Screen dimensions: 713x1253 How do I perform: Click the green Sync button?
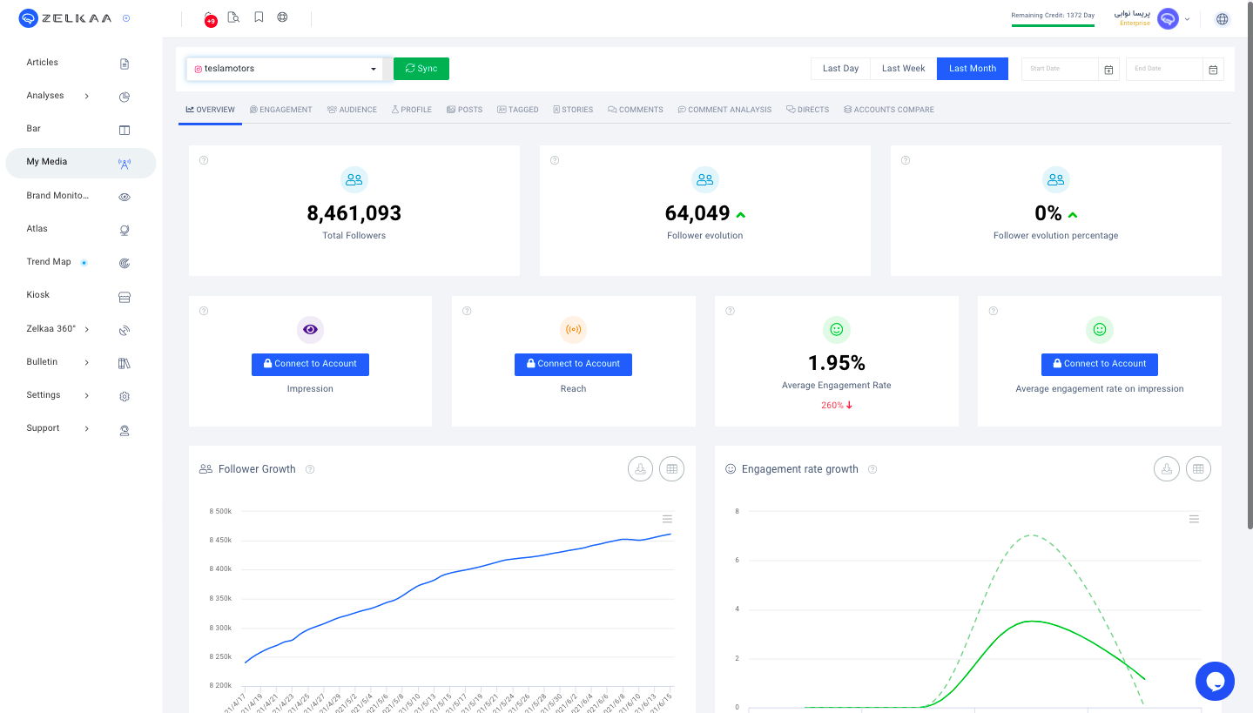click(x=421, y=69)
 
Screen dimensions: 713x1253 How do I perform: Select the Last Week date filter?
click(x=903, y=69)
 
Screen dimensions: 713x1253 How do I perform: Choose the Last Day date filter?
click(x=840, y=69)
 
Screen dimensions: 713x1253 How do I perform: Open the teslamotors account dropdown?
click(x=284, y=69)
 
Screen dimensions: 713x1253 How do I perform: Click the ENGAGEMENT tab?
click(x=280, y=110)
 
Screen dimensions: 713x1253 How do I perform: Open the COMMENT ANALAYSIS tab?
click(x=724, y=110)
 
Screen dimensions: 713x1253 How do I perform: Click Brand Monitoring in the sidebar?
click(x=57, y=196)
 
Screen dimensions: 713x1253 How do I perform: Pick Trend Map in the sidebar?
click(x=49, y=262)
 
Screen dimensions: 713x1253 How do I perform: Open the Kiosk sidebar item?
click(x=38, y=295)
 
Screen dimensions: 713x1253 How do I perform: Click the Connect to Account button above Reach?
click(x=573, y=364)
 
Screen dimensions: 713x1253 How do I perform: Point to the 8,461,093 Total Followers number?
click(x=354, y=213)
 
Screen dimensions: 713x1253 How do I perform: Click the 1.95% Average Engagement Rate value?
click(x=836, y=363)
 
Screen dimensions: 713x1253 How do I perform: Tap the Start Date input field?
click(x=1061, y=69)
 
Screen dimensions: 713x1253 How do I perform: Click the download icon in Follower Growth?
click(x=640, y=469)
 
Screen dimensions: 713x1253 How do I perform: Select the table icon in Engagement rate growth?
click(x=1198, y=469)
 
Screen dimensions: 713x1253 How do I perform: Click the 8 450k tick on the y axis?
click(x=220, y=540)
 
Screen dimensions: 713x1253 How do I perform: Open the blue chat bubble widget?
click(x=1215, y=681)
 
